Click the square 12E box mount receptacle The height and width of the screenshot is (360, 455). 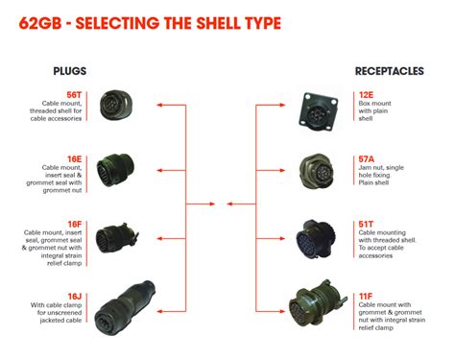coord(318,109)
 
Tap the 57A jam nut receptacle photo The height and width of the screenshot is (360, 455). coord(318,170)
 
